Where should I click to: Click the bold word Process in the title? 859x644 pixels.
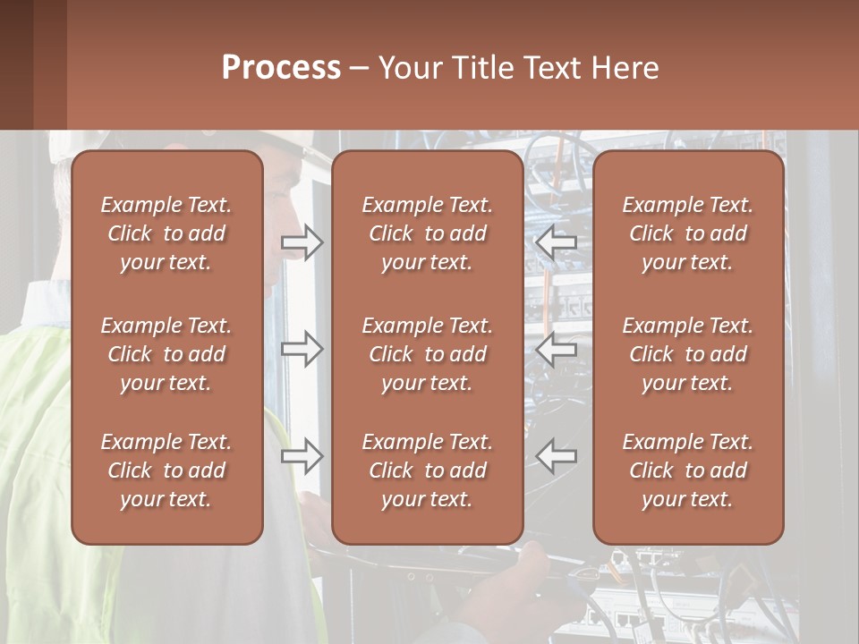281,68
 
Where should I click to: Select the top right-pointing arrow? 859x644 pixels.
302,242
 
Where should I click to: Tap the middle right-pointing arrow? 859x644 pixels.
302,349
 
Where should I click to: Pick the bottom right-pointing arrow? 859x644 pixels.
302,456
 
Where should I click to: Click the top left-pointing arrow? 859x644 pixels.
556,242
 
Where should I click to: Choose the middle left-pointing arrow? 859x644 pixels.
556,349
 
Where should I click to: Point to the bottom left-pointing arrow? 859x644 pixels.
556,456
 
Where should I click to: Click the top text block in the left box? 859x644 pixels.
166,233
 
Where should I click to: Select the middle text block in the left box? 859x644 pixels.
166,354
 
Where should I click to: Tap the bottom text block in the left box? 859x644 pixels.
166,470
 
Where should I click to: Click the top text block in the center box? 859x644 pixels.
428,233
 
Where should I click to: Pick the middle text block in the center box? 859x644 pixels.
428,354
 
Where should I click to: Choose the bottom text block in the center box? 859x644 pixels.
428,470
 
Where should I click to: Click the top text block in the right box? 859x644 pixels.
688,233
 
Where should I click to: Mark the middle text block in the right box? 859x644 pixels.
688,354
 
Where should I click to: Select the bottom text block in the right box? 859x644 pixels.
688,470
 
